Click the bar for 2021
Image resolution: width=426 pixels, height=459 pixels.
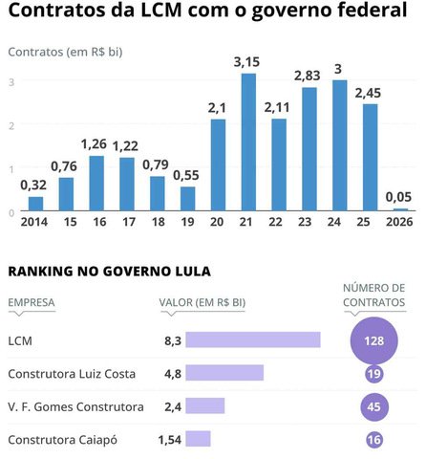point(249,143)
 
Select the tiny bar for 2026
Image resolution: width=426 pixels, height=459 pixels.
point(400,209)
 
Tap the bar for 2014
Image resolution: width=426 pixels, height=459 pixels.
point(36,204)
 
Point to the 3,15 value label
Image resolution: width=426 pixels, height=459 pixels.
point(249,62)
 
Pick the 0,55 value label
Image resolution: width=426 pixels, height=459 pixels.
point(187,176)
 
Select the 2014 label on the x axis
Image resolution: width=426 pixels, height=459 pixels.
point(33,222)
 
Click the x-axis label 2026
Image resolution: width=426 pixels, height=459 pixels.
point(400,222)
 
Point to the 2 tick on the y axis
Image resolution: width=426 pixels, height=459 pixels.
point(12,125)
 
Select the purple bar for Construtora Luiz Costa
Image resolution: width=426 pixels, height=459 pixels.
point(224,373)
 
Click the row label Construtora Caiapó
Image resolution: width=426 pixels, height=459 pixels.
point(66,440)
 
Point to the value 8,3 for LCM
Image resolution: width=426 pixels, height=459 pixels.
point(171,339)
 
